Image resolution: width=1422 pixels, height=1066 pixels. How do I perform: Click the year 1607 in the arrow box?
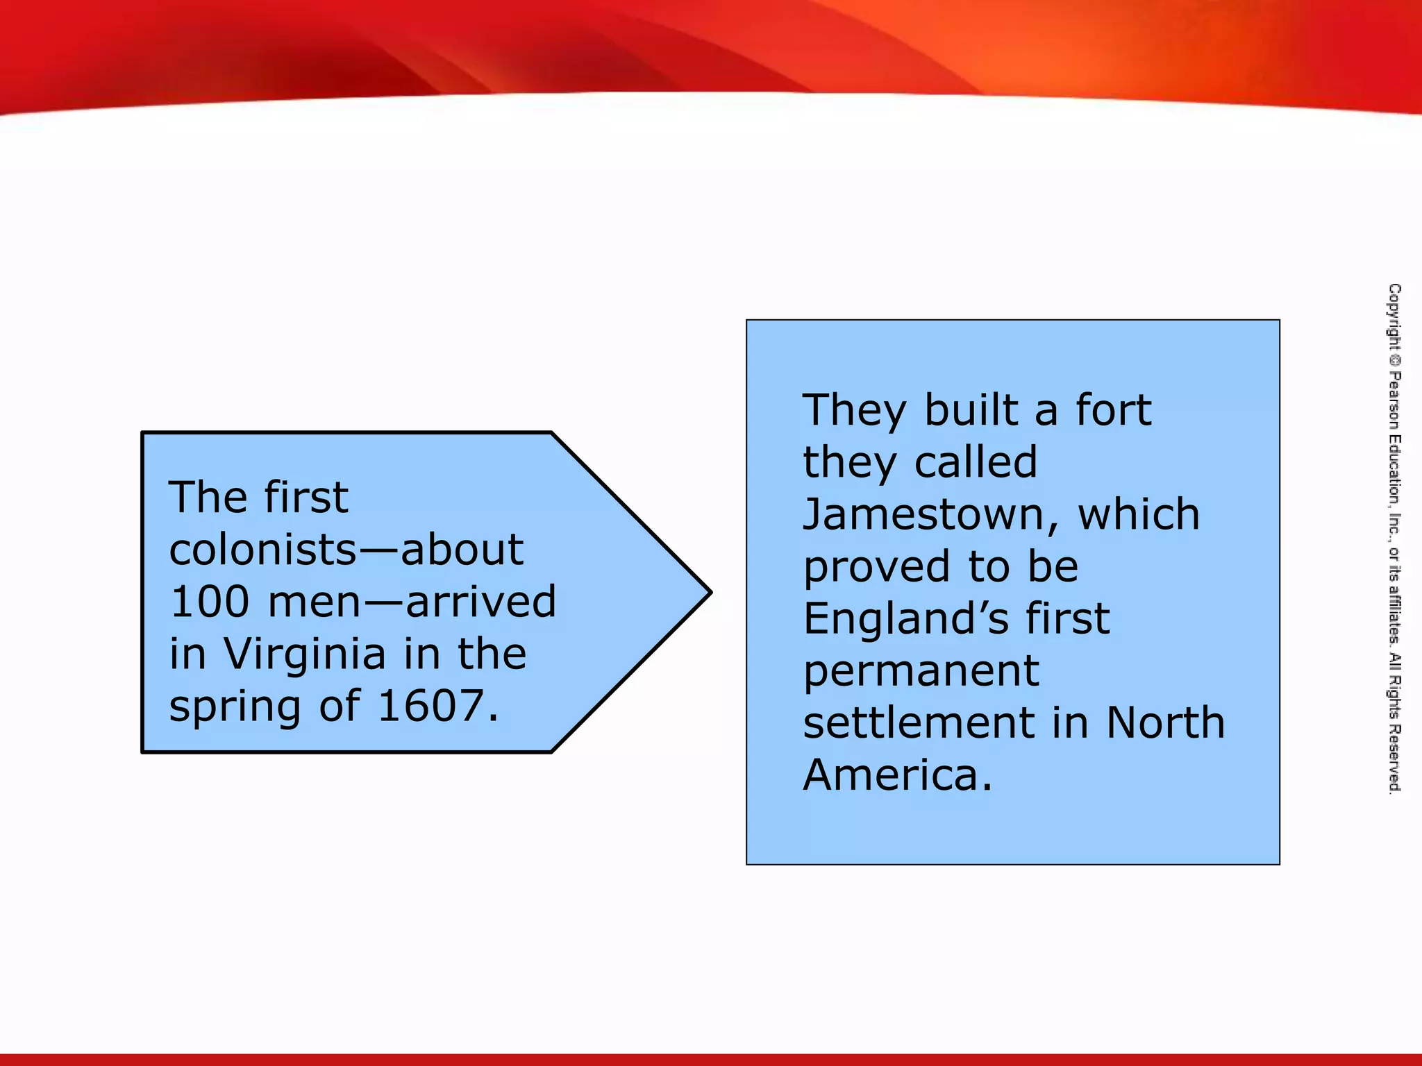pyautogui.click(x=430, y=706)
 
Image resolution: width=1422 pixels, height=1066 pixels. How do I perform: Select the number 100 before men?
pyautogui.click(x=209, y=602)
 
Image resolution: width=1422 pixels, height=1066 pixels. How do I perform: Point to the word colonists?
pyautogui.click(x=262, y=550)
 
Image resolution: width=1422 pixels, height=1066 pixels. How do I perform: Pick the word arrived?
pyautogui.click(x=480, y=602)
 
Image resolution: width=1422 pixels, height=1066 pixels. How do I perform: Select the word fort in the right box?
pyautogui.click(x=1113, y=410)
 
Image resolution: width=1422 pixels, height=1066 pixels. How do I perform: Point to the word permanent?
pyautogui.click(x=921, y=672)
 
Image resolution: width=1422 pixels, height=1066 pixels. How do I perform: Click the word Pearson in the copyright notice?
pyautogui.click(x=1394, y=401)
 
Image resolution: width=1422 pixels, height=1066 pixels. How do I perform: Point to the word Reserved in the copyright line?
pyautogui.click(x=1394, y=759)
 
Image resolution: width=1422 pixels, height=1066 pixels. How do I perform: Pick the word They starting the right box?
pyautogui.click(x=855, y=410)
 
